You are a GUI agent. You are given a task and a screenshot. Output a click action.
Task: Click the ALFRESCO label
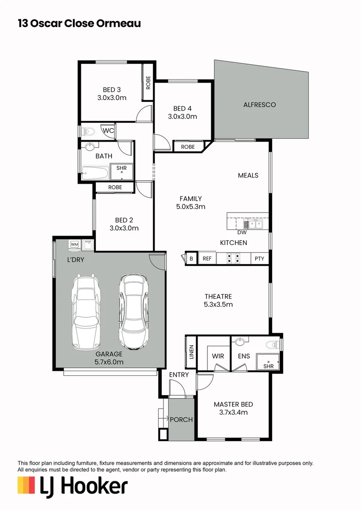pos(259,104)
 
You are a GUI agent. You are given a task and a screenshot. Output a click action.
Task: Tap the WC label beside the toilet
pos(108,130)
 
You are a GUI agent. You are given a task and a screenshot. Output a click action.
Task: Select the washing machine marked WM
pos(75,245)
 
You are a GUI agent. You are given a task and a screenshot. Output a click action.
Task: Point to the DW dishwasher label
pos(242,232)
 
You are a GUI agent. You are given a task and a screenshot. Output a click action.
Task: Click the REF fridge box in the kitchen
pos(207,258)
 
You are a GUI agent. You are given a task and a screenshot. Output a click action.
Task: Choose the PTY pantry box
pos(259,258)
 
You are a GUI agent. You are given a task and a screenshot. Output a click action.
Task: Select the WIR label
pos(218,356)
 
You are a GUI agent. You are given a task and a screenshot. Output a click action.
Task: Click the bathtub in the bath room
pos(96,172)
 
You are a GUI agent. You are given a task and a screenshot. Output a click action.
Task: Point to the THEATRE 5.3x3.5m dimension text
pos(218,305)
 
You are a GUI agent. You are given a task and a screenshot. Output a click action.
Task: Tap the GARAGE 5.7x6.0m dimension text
pos(109,362)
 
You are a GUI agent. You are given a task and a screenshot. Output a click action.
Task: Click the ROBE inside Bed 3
pos(148,83)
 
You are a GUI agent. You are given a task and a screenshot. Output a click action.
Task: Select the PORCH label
pos(181,419)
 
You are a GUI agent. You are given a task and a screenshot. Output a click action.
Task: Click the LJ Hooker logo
pos(72,486)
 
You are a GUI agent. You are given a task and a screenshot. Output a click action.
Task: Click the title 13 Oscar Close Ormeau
pos(79,23)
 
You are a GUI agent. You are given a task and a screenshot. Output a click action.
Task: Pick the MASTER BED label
pos(233,404)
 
